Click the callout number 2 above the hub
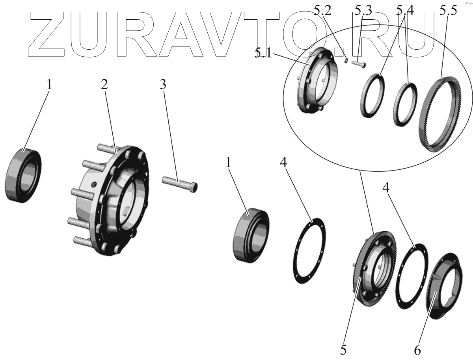coord(104,84)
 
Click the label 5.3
coord(363,11)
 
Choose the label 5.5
coord(449,11)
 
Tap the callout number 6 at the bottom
coord(417,349)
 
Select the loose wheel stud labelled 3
coord(180,184)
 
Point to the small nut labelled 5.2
coord(346,60)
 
